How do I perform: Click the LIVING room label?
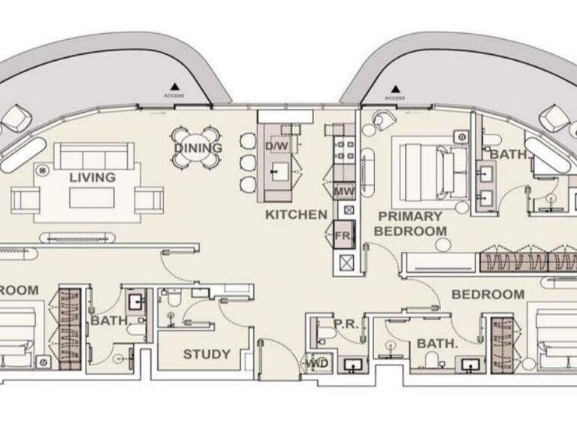coord(92,178)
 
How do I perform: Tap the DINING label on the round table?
coord(198,148)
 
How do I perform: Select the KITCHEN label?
coord(296,215)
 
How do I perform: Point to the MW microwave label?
coord(344,192)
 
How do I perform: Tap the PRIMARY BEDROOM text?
coord(410,223)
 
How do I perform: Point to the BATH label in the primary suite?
coord(506,154)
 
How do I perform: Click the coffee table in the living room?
coord(92,198)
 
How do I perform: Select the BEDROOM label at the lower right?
coord(488,295)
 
